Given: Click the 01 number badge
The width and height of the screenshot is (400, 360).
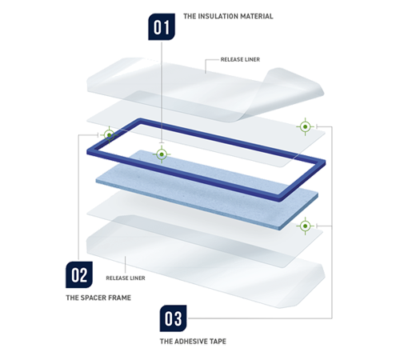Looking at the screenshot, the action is tap(162, 26).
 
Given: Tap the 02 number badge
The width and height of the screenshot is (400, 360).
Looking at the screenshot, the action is tap(79, 274).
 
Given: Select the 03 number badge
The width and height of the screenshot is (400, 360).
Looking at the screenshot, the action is tap(173, 318).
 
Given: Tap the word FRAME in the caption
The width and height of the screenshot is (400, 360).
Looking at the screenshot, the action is tap(119, 298).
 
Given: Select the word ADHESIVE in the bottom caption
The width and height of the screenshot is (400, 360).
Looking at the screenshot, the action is tap(190, 342).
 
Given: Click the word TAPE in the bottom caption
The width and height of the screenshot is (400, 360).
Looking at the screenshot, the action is tap(217, 342).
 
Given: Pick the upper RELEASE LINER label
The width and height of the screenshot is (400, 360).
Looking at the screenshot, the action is tap(240, 59).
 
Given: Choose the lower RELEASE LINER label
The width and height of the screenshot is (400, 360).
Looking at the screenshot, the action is tap(126, 278).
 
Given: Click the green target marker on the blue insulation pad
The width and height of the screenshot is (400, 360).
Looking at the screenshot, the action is tap(162, 154).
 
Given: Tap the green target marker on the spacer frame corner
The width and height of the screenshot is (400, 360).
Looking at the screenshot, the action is tap(109, 135).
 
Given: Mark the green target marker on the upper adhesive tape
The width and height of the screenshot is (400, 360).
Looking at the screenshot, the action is tap(306, 126).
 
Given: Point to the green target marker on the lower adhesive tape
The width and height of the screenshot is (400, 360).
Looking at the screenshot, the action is tap(306, 226).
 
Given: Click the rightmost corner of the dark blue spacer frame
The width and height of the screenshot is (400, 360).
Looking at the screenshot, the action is tap(325, 162).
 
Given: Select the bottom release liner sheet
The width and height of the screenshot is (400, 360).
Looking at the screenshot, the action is tap(206, 262).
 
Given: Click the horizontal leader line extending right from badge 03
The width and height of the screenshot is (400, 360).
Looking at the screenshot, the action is tap(260, 318).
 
